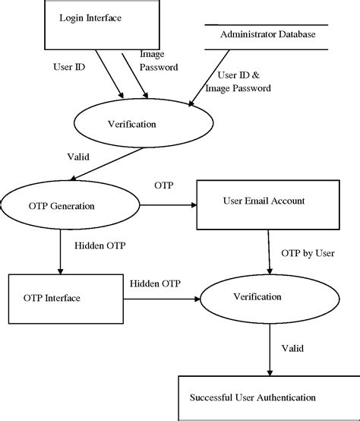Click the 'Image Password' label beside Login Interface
[x=159, y=61]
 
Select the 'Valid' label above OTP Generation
[x=79, y=157]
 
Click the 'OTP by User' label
[x=308, y=253]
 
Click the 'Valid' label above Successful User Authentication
[x=292, y=349]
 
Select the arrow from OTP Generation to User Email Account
[x=168, y=204]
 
